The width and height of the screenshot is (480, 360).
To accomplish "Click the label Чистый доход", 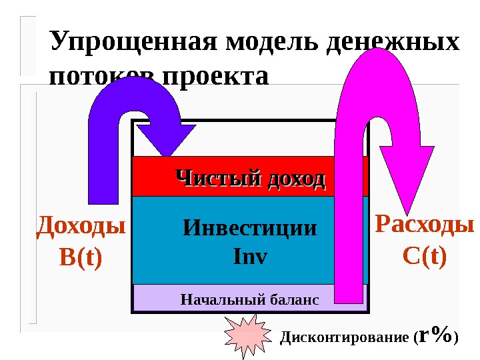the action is point(250,179).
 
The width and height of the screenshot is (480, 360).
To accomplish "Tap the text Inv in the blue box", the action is point(250,255).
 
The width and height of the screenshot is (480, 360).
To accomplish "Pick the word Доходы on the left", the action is point(81,227).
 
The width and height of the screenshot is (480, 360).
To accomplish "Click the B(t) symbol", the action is point(81,257).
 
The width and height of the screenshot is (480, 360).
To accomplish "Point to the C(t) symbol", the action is point(425,255).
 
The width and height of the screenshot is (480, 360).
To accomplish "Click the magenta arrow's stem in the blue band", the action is point(350,240).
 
